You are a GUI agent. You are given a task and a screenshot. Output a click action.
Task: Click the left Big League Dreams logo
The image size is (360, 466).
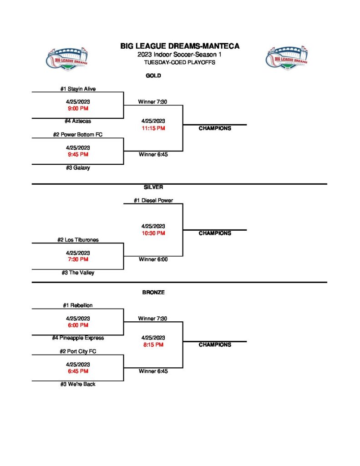click(x=67, y=58)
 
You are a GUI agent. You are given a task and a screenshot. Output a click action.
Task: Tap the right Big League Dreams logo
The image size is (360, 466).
click(x=286, y=57)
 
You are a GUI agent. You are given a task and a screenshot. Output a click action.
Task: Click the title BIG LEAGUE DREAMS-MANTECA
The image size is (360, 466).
click(x=180, y=46)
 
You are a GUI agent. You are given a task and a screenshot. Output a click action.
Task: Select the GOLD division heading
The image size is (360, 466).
click(x=153, y=76)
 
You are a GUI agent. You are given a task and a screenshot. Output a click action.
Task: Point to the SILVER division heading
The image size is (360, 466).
click(x=153, y=187)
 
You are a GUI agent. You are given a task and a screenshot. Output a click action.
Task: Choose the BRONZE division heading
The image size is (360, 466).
click(x=153, y=293)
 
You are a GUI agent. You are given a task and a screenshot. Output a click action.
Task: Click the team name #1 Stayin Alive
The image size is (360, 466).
click(x=78, y=89)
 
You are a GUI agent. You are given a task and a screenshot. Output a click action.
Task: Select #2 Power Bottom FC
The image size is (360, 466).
click(x=78, y=135)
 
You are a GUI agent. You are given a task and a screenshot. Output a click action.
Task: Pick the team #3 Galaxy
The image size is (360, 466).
click(x=78, y=168)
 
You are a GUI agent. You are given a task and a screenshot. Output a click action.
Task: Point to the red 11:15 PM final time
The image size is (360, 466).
click(x=153, y=128)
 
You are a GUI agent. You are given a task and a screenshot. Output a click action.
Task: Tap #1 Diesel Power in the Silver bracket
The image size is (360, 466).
click(x=153, y=200)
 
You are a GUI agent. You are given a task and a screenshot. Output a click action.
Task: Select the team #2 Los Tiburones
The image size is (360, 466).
click(x=78, y=240)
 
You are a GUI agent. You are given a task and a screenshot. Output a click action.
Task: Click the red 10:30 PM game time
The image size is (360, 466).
click(x=153, y=233)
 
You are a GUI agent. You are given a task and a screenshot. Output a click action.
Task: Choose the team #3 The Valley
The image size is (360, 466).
click(x=78, y=273)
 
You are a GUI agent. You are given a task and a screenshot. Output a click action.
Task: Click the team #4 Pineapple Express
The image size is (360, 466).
click(x=78, y=338)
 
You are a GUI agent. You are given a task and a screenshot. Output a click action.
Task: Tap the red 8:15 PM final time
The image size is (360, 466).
click(x=153, y=345)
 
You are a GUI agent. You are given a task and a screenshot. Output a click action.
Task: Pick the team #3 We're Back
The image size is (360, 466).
click(x=78, y=384)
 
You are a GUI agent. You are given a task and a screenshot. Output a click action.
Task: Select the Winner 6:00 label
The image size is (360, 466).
click(x=153, y=259)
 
